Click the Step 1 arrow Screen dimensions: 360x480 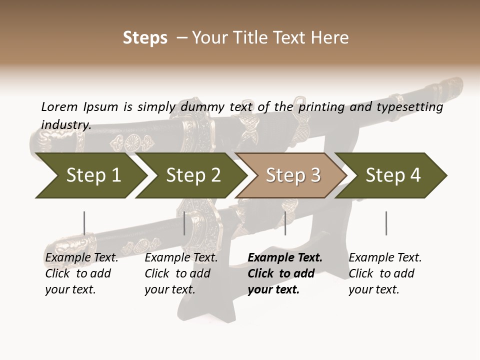(93, 175)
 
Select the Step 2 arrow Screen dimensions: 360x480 (193, 175)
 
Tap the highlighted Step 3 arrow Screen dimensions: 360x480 (293, 175)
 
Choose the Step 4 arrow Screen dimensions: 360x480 (393, 175)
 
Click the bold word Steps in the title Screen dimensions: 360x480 (145, 37)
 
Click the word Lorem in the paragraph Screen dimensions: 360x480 (59, 106)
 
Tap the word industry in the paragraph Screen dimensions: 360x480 (65, 125)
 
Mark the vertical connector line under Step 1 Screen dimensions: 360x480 (84, 223)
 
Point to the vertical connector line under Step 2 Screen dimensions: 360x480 (184, 223)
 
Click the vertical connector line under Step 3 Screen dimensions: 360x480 (285, 223)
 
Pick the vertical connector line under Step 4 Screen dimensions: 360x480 (386, 223)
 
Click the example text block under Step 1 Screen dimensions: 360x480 (81, 273)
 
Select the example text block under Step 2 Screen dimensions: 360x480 (181, 273)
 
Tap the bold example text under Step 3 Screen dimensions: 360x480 (285, 273)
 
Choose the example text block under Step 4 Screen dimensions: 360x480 (385, 273)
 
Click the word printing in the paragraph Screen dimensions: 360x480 (322, 106)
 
